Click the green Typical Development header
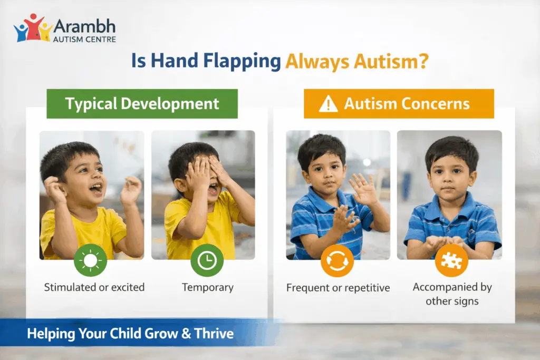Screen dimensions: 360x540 [142, 103]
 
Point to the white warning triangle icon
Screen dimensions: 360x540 [328, 104]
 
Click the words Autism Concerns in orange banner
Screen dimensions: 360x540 [407, 103]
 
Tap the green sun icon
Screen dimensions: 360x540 [90, 260]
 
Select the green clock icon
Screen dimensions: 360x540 [207, 260]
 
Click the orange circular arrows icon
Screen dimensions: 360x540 [337, 260]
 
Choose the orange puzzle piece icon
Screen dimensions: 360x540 [451, 260]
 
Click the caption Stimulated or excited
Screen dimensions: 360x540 [94, 288]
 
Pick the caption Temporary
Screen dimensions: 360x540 [207, 288]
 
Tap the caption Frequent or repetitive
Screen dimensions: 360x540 [338, 288]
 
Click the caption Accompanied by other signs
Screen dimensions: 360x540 [452, 294]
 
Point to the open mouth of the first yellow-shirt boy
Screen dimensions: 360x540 [96, 188]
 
